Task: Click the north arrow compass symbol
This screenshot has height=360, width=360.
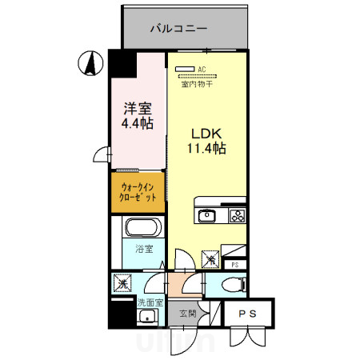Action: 90,62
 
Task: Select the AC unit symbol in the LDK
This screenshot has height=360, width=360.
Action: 185,69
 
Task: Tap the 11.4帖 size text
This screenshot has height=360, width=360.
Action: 206,148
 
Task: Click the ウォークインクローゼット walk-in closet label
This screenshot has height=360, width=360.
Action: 138,192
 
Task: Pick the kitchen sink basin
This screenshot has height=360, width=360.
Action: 207,215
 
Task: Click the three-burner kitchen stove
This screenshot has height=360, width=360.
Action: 238,215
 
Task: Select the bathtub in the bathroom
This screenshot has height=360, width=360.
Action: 143,228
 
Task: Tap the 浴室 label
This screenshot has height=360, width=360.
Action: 143,250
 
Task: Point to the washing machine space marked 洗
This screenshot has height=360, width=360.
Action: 123,283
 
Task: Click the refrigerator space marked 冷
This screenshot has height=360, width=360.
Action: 210,258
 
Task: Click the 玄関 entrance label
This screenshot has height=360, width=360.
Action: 187,313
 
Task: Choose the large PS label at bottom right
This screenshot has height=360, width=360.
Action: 247,314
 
